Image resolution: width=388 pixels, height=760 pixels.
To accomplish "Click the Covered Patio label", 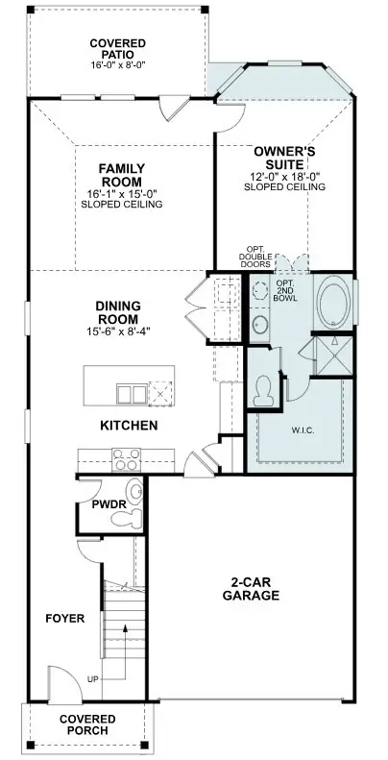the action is (x=118, y=49).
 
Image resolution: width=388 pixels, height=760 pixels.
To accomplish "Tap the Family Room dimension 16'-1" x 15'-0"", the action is (x=122, y=194).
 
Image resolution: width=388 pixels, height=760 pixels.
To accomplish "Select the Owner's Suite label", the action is (x=285, y=158).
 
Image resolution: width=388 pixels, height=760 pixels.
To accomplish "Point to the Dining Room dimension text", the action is (x=118, y=331).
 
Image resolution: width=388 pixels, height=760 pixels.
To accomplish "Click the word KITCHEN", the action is (x=129, y=426).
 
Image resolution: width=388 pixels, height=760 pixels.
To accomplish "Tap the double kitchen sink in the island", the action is (x=132, y=394).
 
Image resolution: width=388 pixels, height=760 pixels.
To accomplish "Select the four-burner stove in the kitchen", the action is (x=126, y=459).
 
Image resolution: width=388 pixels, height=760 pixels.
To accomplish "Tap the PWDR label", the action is (x=109, y=504).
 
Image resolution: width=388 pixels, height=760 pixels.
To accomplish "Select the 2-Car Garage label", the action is (x=251, y=589).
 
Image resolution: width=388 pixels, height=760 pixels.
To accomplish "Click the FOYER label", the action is (x=65, y=619).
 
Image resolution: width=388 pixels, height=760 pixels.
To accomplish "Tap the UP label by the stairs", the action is (x=92, y=679).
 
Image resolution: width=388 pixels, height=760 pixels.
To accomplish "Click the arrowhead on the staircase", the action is (x=125, y=628).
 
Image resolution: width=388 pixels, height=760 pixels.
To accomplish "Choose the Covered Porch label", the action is (x=87, y=724).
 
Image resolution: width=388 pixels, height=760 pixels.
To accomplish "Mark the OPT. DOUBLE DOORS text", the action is (x=255, y=257).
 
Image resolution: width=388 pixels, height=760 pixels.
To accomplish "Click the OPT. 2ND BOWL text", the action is (x=286, y=291).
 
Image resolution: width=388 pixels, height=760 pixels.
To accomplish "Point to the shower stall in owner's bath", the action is (x=334, y=355).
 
